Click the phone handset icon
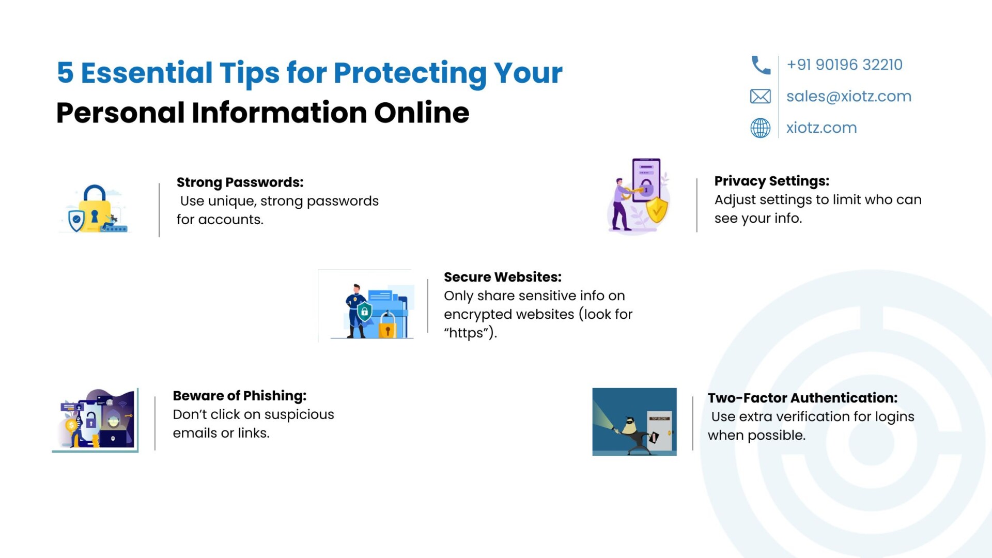[x=761, y=65]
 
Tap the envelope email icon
[x=760, y=96]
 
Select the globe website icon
[x=760, y=128]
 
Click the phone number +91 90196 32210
[x=844, y=65]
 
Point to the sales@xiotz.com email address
[x=849, y=96]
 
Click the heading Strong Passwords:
[x=240, y=182]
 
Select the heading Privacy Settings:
[x=771, y=181]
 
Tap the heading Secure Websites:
[x=502, y=277]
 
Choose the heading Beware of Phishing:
[x=239, y=396]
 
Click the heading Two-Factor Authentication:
[x=802, y=398]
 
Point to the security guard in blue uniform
[x=357, y=311]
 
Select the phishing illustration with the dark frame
[x=96, y=421]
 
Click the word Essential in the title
[x=147, y=72]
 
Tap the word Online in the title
[x=422, y=113]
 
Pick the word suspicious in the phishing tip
[x=299, y=415]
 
